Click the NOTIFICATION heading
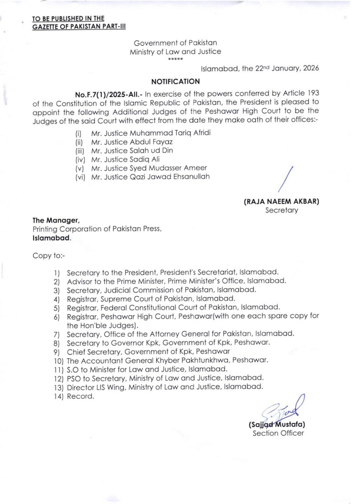pyautogui.click(x=175, y=82)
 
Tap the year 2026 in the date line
pyautogui.click(x=311, y=68)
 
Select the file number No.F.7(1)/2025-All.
pyautogui.click(x=108, y=94)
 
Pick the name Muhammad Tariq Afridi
pyautogui.click(x=170, y=133)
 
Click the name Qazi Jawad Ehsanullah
pyautogui.click(x=170, y=177)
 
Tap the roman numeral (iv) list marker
pyautogui.click(x=80, y=159)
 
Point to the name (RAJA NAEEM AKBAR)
pyautogui.click(x=281, y=202)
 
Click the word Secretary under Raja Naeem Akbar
pyautogui.click(x=281, y=210)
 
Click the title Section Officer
pyautogui.click(x=278, y=433)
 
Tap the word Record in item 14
pyautogui.click(x=80, y=396)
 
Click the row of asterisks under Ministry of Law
pyautogui.click(x=175, y=59)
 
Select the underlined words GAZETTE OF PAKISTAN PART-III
pyautogui.click(x=79, y=26)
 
